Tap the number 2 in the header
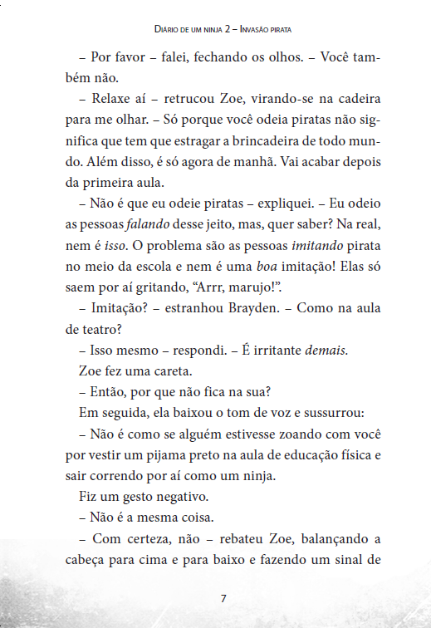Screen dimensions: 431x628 coord(227,29)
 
